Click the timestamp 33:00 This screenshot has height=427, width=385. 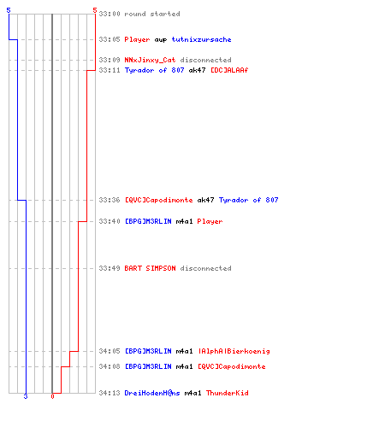110,14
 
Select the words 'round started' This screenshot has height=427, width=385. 152,14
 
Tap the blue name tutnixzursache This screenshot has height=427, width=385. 201,39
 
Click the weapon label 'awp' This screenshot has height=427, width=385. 161,40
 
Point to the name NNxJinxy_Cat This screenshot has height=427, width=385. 150,60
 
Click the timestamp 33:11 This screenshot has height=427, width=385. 110,70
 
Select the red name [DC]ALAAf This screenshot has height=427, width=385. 229,70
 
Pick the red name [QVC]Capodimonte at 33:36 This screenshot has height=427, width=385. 159,200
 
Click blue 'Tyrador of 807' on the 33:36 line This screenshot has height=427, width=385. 248,200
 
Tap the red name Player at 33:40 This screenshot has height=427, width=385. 210,221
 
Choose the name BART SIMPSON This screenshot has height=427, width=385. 150,268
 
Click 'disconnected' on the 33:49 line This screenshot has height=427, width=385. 205,268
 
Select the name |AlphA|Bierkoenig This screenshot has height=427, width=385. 234,351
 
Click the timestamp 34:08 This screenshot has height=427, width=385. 110,366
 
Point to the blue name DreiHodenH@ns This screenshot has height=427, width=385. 152,393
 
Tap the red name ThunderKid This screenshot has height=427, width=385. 228,393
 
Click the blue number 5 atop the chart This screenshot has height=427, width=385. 9,10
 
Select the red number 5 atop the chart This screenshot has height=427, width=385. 95,10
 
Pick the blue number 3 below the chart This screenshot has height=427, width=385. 26,396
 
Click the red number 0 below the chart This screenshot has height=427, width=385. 52,396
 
